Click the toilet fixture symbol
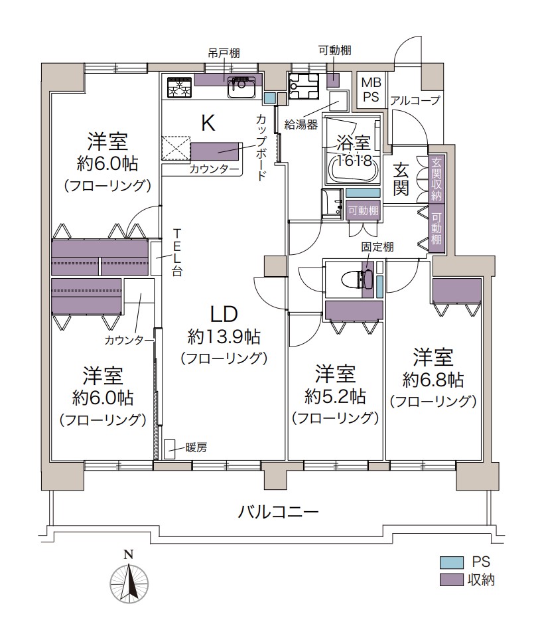tap(357, 279)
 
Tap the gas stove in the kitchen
tap(180, 86)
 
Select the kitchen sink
tap(241, 87)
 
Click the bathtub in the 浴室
tap(354, 169)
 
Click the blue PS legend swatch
tap(451, 562)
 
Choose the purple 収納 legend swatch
tap(451, 580)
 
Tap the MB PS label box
tap(371, 90)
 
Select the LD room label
tap(224, 315)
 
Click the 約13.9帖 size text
tap(224, 337)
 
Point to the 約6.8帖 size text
tap(433, 380)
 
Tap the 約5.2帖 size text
tap(335, 397)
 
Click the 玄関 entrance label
tap(401, 179)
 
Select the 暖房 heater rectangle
tap(170, 449)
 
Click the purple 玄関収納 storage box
tap(436, 178)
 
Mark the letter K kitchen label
tap(208, 123)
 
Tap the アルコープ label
tap(415, 100)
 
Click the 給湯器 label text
tap(301, 125)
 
